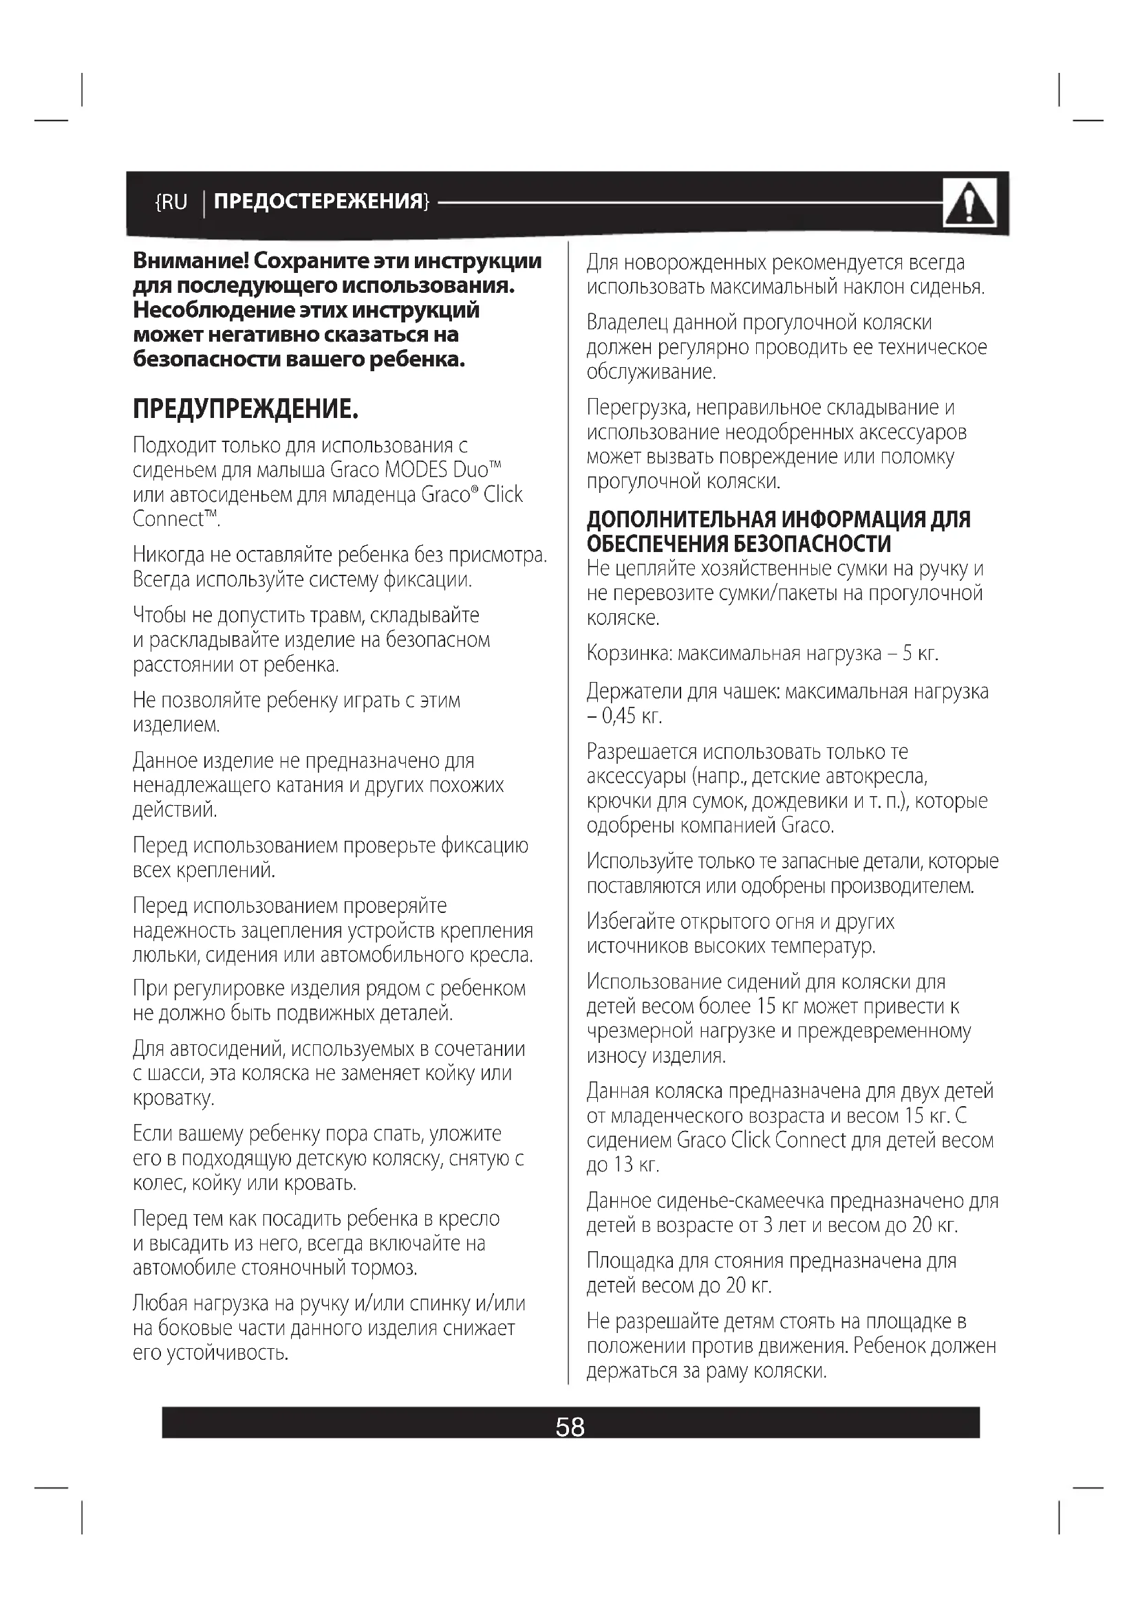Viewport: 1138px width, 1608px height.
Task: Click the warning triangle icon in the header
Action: (969, 203)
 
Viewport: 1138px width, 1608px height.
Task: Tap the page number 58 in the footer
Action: (570, 1427)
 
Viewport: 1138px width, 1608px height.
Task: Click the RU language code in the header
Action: (173, 202)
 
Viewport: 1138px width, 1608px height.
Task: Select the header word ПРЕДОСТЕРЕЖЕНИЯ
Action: (319, 201)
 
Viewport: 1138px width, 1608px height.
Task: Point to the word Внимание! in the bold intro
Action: (190, 261)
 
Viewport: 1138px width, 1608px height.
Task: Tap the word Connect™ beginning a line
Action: (175, 519)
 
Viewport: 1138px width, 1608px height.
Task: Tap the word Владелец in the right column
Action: (627, 322)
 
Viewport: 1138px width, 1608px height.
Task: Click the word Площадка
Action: (630, 1262)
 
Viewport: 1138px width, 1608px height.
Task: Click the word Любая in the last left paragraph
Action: (160, 1303)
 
